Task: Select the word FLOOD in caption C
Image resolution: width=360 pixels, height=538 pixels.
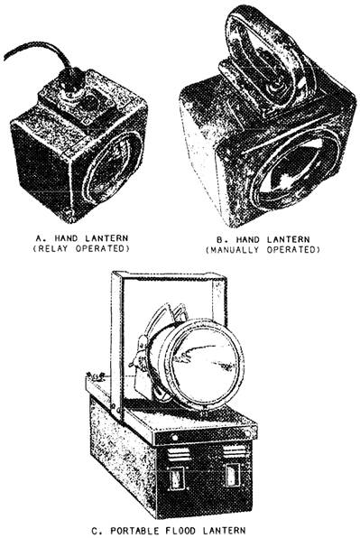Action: pos(181,531)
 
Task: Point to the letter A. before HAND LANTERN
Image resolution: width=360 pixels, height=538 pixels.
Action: pos(40,237)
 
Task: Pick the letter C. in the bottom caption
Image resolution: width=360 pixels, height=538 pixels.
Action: pos(97,531)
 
